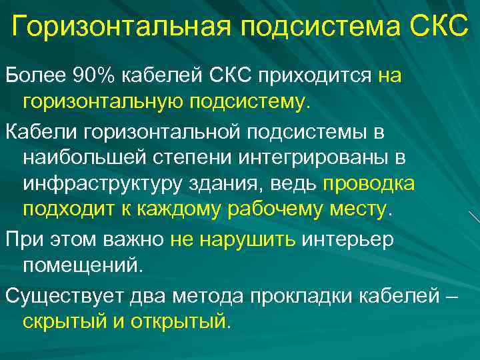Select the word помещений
tap(83, 266)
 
